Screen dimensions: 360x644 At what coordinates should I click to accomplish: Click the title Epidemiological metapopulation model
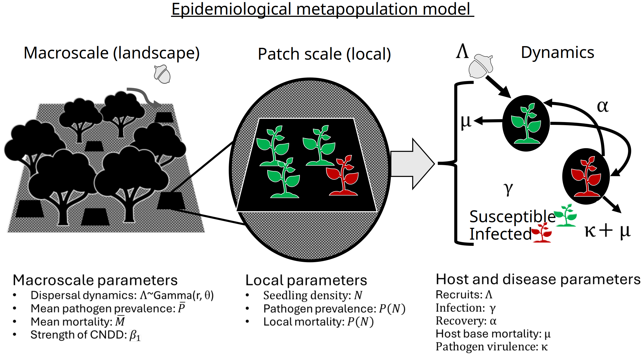(322, 9)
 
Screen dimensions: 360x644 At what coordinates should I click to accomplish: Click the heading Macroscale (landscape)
(111, 53)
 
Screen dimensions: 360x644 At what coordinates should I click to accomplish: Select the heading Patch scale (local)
(324, 54)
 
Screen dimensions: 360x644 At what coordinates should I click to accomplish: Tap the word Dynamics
(557, 52)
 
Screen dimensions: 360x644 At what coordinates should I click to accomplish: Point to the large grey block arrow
(412, 164)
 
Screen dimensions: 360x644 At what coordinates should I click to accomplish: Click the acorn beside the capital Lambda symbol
(481, 66)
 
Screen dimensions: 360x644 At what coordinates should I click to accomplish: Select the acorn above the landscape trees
(162, 74)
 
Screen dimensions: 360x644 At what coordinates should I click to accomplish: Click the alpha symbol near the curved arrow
(602, 106)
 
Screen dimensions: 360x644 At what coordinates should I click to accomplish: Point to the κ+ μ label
(607, 231)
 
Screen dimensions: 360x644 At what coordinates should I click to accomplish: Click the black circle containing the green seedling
(526, 123)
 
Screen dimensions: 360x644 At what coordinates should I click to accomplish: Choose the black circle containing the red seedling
(586, 176)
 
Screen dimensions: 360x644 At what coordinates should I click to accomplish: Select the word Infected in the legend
(500, 234)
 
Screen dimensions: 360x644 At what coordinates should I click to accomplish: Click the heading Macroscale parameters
(95, 280)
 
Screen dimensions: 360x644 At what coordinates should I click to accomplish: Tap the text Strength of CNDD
(79, 335)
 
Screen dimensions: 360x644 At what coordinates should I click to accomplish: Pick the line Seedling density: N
(312, 295)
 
